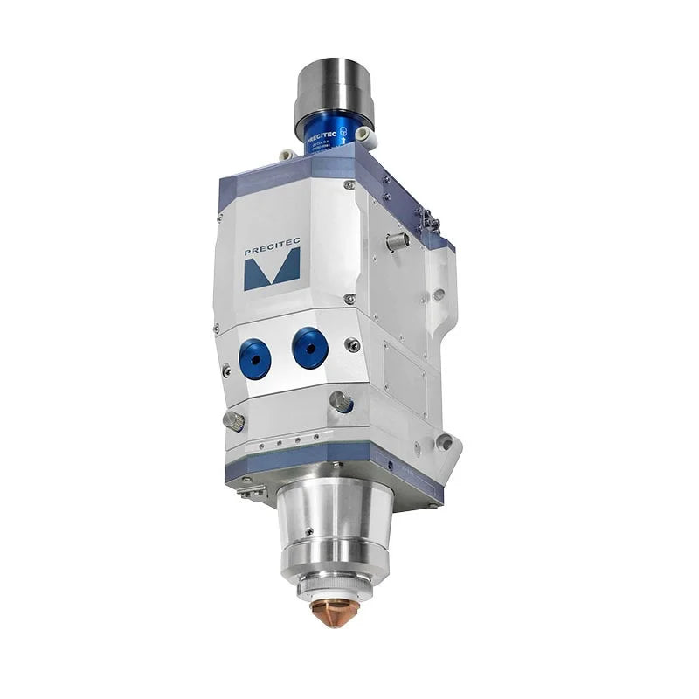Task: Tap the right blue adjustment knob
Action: click(310, 348)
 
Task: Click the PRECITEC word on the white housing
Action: click(272, 251)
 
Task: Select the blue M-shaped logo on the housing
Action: click(272, 270)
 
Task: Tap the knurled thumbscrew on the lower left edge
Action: click(234, 420)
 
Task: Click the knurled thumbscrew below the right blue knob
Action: click(341, 401)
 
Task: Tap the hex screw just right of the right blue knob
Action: click(353, 346)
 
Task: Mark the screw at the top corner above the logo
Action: click(349, 185)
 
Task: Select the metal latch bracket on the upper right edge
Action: click(428, 220)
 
